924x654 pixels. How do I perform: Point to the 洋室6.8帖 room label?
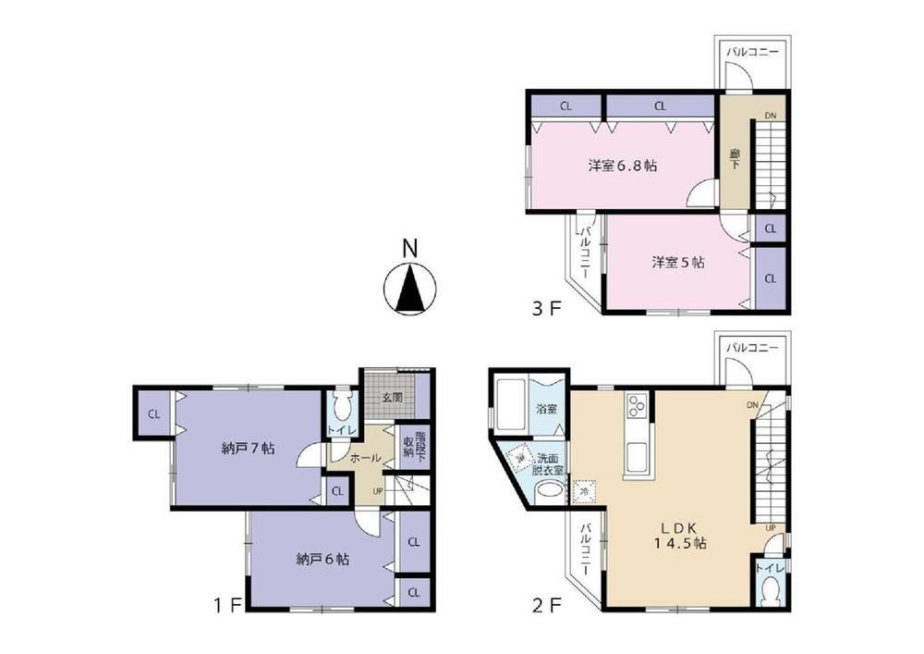coord(623,167)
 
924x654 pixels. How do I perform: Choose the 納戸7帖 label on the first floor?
coord(248,449)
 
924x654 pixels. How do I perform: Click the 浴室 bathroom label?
coord(545,409)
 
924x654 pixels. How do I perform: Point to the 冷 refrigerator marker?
coord(582,492)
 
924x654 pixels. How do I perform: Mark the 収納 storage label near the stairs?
coord(407,446)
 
